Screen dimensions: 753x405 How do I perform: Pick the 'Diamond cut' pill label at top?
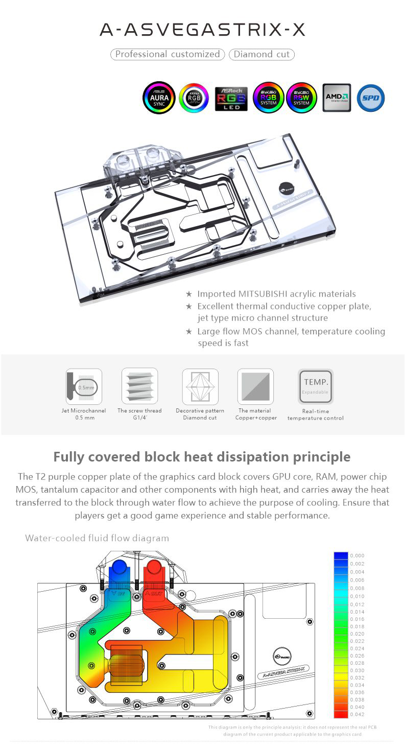point(261,54)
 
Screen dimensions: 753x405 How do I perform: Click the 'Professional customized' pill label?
point(168,54)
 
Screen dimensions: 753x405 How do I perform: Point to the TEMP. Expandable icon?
point(316,386)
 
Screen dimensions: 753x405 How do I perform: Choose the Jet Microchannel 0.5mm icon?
point(84,386)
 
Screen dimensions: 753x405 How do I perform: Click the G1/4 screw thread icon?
point(139,386)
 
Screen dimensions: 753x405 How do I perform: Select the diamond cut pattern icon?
point(200,386)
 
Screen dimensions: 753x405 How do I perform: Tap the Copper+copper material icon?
point(255,386)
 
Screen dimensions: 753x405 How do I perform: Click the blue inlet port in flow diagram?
point(118,569)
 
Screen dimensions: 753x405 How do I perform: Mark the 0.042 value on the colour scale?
point(358,714)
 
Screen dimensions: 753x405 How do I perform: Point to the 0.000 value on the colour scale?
point(358,555)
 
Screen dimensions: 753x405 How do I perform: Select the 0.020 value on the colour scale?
point(358,634)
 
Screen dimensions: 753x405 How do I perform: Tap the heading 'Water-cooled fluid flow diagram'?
point(97,538)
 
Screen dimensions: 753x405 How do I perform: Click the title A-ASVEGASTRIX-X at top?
point(203,31)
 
